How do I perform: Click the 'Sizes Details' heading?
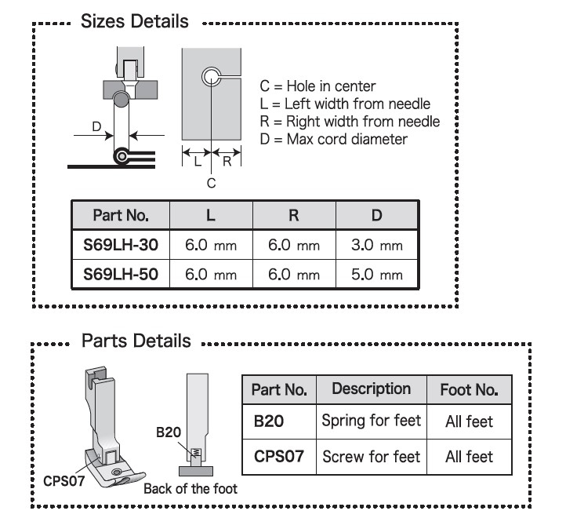pos(135,22)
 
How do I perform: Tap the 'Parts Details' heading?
pos(136,341)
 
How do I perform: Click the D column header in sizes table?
pos(377,214)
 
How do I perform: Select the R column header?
pos(294,214)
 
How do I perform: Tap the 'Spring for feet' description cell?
pos(372,421)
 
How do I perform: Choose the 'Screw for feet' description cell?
pos(372,456)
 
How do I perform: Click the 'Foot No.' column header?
pos(469,389)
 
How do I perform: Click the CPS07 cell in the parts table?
pos(279,456)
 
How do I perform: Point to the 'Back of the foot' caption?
pos(190,488)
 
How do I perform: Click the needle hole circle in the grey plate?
pos(211,76)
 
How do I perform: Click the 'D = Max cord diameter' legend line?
pos(333,140)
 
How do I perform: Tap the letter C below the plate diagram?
pos(211,182)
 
